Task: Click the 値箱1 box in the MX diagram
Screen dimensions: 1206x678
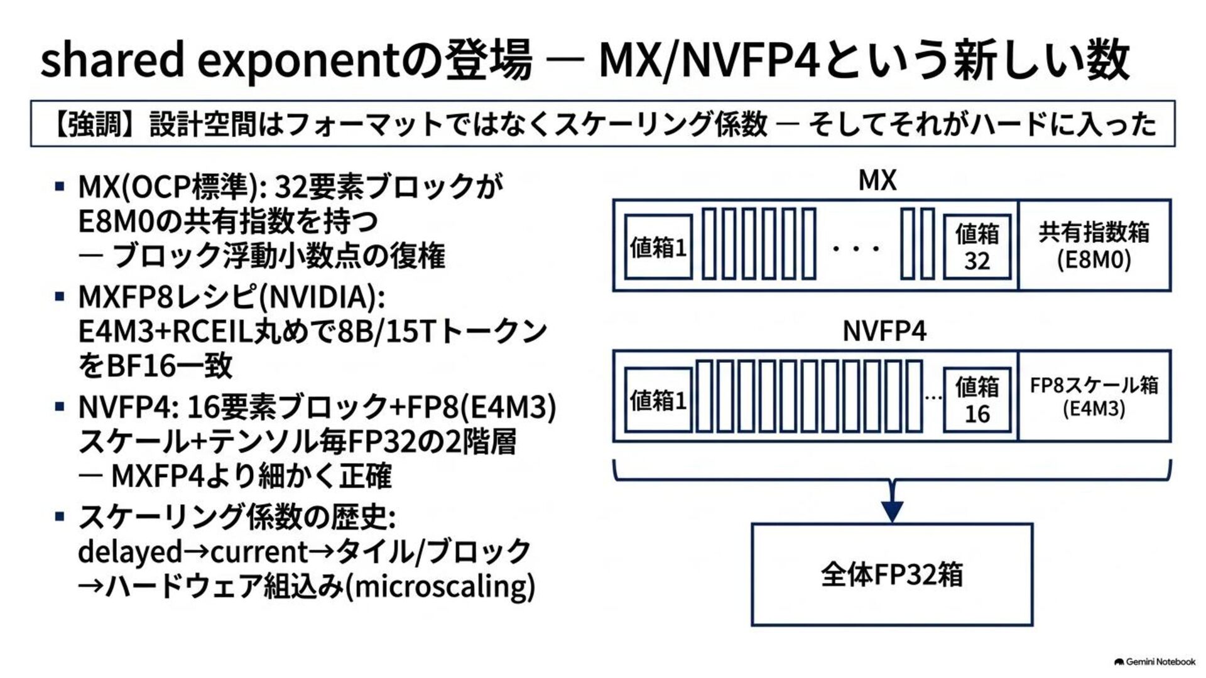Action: (x=658, y=247)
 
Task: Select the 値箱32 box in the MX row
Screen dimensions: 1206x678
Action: (x=977, y=247)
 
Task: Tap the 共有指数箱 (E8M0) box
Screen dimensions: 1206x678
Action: (x=1094, y=245)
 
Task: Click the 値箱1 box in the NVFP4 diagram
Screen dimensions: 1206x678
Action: (x=658, y=400)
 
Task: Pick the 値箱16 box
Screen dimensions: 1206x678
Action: (x=977, y=400)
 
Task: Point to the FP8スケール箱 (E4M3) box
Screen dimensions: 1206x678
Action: (x=1094, y=396)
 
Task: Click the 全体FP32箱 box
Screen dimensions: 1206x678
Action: (x=892, y=574)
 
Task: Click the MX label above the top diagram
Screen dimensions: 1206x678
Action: (x=877, y=180)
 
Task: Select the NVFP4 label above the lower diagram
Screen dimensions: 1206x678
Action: (x=884, y=331)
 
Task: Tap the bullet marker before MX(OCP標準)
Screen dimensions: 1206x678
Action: (x=60, y=186)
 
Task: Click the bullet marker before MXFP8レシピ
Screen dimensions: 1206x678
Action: (x=60, y=296)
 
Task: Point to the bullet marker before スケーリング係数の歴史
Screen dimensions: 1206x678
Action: (x=60, y=517)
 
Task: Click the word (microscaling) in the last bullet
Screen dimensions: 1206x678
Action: (x=440, y=586)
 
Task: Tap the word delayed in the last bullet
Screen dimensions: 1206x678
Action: (x=130, y=552)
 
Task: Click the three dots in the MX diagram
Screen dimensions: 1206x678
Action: (x=856, y=249)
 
